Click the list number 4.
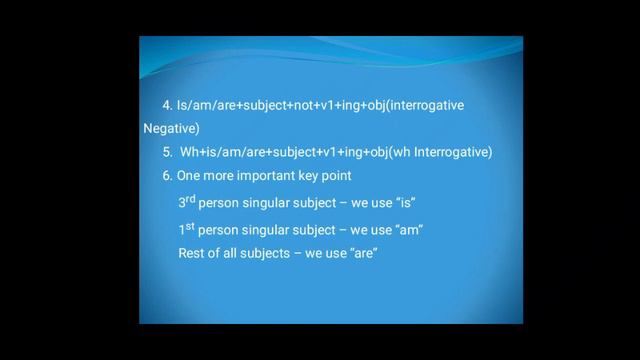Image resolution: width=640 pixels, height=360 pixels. click(166, 105)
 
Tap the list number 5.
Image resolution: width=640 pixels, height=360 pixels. click(167, 153)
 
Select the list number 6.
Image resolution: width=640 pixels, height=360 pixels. click(166, 176)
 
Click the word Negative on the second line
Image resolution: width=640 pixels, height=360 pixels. click(172, 128)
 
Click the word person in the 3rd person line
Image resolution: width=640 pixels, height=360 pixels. click(217, 203)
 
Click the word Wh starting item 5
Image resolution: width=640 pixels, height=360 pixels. click(189, 153)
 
